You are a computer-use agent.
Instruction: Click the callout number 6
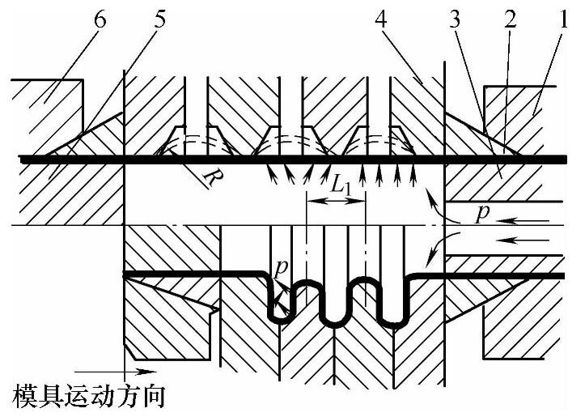coord(100,21)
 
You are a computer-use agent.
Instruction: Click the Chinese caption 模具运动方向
coord(90,397)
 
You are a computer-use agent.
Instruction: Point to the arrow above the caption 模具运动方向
coord(141,372)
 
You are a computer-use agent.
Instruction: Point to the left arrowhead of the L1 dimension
coord(312,197)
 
